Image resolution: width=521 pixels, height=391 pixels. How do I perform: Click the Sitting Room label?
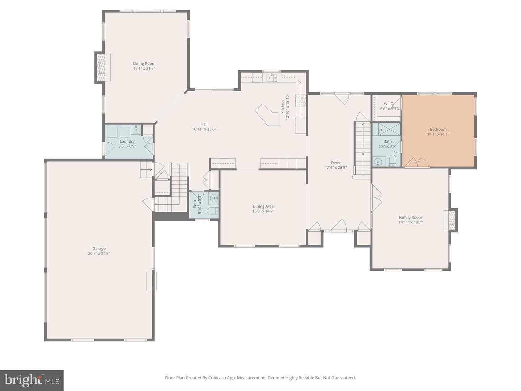click(144, 63)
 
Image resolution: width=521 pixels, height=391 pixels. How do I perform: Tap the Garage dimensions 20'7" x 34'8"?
click(99, 253)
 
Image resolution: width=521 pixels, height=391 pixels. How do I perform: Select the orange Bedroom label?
click(438, 129)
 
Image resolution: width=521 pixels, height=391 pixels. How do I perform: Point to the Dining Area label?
click(263, 206)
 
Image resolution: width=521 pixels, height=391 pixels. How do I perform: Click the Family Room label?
click(410, 217)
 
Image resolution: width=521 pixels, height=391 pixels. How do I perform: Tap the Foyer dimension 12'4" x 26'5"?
click(336, 168)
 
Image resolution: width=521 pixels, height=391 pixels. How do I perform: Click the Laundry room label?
click(127, 142)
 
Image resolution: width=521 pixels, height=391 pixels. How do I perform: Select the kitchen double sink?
click(272, 77)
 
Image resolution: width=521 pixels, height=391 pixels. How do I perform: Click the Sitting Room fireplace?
click(103, 68)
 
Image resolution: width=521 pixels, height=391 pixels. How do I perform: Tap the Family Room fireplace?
click(450, 220)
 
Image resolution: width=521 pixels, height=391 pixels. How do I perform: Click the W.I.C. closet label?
click(389, 104)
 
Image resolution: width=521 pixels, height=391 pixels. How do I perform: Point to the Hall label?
click(204, 124)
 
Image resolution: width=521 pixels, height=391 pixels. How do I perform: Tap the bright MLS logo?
click(32, 381)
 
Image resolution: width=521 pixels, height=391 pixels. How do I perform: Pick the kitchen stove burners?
click(300, 100)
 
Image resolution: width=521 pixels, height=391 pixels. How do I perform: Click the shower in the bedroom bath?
click(389, 130)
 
